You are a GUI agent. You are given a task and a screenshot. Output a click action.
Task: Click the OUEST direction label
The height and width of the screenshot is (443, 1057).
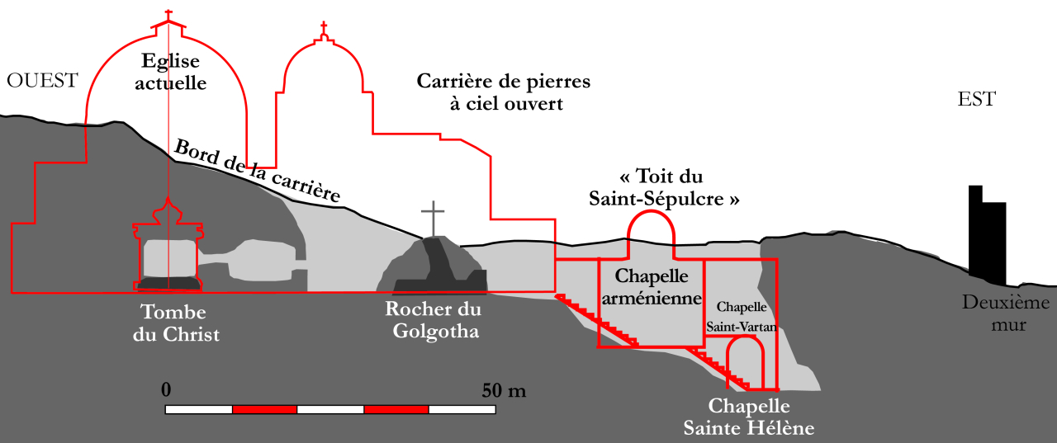[42, 80]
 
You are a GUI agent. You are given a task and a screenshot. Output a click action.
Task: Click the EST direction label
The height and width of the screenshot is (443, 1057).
[977, 100]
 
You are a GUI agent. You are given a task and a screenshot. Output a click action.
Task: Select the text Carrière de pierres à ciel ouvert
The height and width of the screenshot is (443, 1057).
[503, 92]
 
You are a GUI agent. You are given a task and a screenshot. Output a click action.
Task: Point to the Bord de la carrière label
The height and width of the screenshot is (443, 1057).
[257, 172]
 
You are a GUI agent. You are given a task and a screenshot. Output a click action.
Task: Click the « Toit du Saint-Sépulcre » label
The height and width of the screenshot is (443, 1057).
[663, 188]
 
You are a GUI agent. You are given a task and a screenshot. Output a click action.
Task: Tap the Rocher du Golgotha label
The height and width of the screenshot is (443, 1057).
[433, 321]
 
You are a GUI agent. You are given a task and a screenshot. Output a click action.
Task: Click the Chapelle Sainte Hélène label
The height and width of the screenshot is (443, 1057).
[749, 417]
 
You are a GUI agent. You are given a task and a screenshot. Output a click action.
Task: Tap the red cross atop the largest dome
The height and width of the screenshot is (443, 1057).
[168, 16]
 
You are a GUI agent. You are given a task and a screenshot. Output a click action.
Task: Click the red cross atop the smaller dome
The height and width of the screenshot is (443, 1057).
[324, 29]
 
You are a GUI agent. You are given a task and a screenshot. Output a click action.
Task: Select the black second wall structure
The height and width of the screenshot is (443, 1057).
[987, 234]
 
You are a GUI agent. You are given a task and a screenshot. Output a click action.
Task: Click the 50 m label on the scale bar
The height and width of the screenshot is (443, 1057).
[504, 389]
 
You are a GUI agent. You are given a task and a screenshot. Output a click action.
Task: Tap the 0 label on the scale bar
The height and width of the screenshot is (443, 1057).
[166, 389]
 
